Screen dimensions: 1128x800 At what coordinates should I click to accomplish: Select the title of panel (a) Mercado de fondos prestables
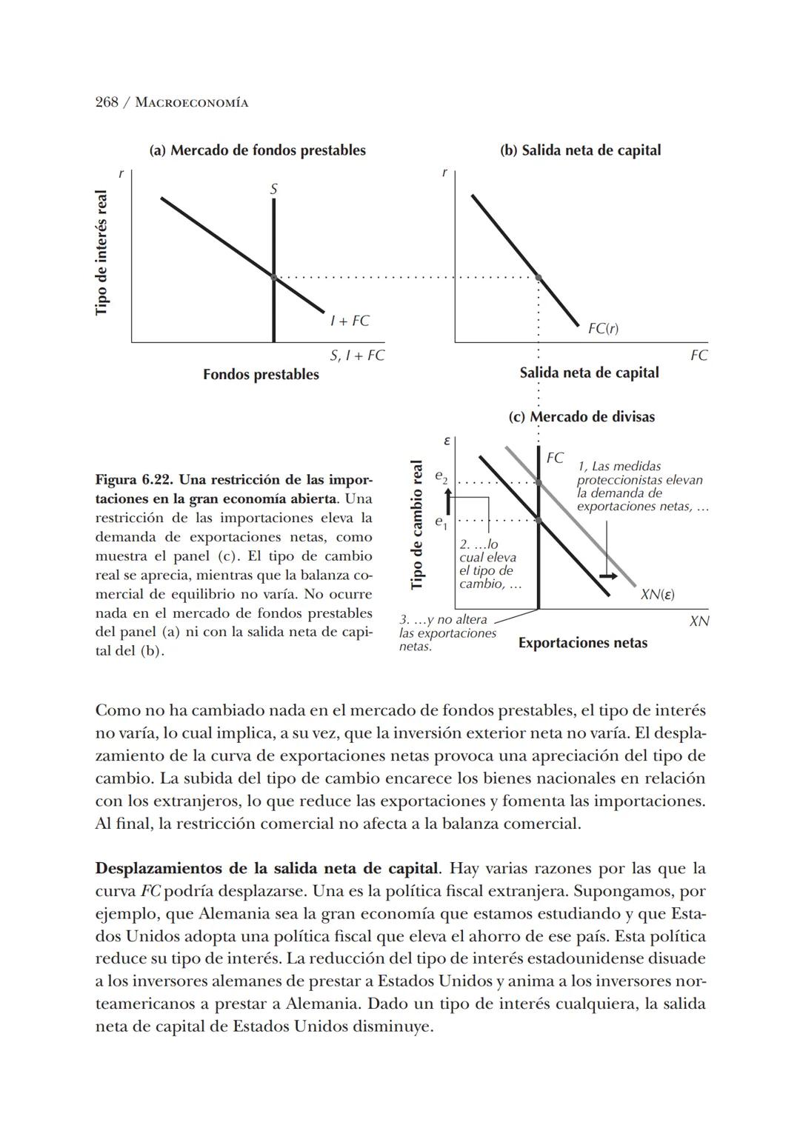click(257, 150)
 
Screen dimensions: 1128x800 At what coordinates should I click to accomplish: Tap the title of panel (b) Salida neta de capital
click(580, 150)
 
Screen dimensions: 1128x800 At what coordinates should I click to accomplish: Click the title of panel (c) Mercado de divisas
click(581, 417)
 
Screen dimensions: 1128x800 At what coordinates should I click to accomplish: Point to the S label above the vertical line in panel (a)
click(273, 190)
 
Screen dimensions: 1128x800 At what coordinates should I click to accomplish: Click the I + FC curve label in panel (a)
click(350, 321)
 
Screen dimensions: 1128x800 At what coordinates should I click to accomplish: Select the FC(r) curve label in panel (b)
click(602, 328)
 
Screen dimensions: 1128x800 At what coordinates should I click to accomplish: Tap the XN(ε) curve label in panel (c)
click(657, 595)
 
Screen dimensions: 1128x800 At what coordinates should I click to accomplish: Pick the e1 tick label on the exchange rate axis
click(441, 523)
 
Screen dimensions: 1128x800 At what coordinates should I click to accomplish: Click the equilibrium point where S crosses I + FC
click(273, 278)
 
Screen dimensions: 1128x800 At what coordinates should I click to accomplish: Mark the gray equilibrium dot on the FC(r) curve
click(539, 278)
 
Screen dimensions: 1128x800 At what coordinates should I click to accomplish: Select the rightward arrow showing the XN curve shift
click(608, 575)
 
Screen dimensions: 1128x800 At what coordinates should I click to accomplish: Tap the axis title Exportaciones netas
click(582, 643)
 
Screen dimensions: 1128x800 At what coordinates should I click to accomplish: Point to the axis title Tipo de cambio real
click(417, 524)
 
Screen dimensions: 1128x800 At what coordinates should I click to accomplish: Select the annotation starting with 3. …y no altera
click(447, 633)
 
